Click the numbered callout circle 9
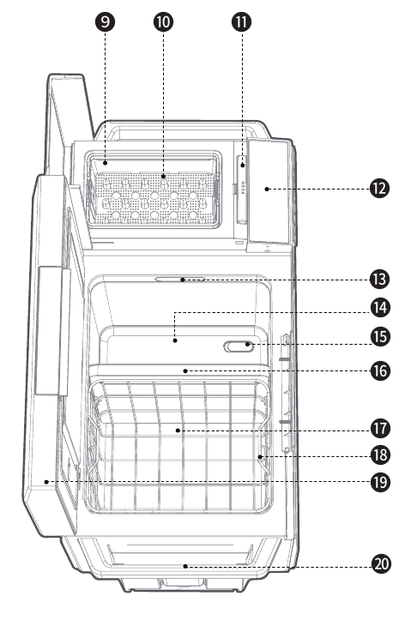click(106, 21)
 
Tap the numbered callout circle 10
click(163, 21)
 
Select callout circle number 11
click(241, 21)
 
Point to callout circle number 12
click(380, 188)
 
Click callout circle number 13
click(380, 280)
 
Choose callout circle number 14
click(380, 308)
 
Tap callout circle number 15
click(380, 337)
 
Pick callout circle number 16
click(380, 371)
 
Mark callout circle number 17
click(380, 428)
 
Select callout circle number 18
click(380, 455)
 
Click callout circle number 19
click(380, 482)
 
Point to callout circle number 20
click(381, 563)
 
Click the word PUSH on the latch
click(243, 188)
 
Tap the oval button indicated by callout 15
click(239, 346)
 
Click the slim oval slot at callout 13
click(180, 280)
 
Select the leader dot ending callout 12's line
click(267, 189)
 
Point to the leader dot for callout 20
click(185, 566)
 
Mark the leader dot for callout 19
click(46, 482)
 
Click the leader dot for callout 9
click(106, 163)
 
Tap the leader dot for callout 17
click(178, 430)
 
